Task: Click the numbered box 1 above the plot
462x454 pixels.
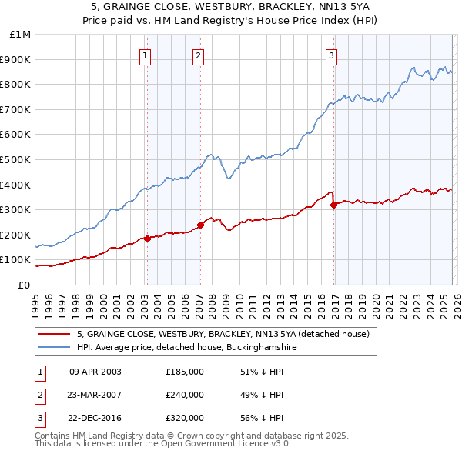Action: [146, 55]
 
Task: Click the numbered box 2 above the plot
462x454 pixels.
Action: [199, 55]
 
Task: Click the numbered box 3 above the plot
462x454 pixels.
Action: [331, 55]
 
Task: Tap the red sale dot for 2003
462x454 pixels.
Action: [147, 239]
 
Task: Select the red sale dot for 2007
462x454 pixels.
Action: [200, 225]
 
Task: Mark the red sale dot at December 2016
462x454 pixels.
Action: [333, 205]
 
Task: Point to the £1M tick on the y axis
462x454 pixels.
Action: [21, 35]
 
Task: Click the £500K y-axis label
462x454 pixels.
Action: [17, 160]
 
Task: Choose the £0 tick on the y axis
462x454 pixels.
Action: [23, 285]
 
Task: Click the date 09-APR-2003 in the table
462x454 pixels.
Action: [95, 372]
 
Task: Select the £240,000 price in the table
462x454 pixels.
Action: [185, 395]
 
